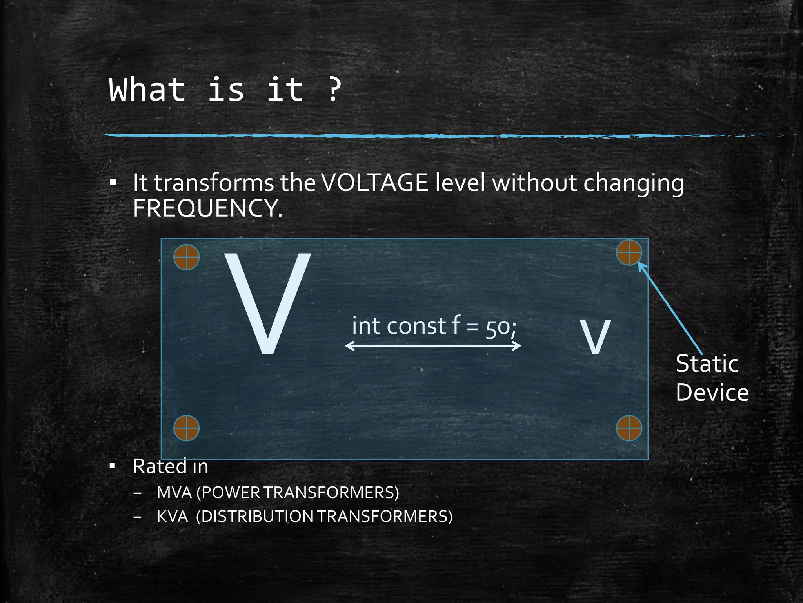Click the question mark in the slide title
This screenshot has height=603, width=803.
(334, 90)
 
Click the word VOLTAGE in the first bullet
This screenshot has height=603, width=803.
(374, 183)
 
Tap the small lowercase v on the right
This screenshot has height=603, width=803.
(595, 336)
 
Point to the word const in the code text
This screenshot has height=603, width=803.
(416, 326)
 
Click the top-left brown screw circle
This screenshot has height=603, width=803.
(186, 257)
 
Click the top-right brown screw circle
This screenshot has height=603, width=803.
(629, 253)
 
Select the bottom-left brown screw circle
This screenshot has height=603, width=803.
(186, 428)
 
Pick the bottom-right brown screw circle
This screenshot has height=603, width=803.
(629, 428)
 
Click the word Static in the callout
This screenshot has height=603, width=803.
(707, 364)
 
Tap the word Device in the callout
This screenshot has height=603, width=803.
(712, 393)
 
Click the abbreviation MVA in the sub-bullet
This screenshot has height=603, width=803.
(174, 493)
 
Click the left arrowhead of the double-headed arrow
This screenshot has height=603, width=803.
(348, 345)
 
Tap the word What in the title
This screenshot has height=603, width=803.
(147, 90)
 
